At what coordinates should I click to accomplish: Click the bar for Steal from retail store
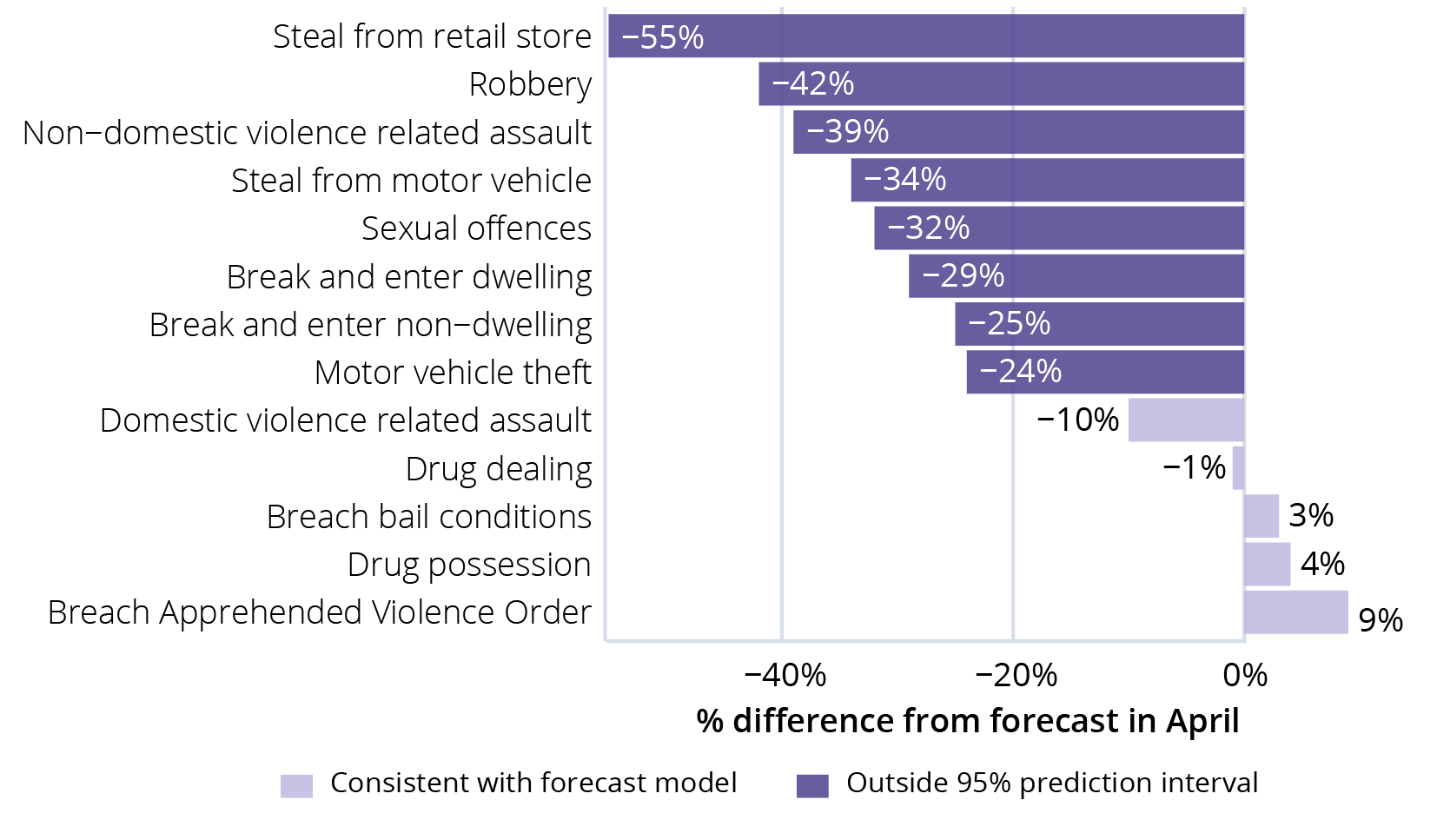[926, 36]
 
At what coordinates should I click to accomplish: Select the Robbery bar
[1001, 84]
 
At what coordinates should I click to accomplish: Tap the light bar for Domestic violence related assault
[1186, 420]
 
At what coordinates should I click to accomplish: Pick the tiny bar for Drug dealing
[1238, 468]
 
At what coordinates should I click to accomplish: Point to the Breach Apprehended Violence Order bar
[1295, 612]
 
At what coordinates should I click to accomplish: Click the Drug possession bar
[1267, 565]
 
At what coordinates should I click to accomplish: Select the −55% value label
[663, 37]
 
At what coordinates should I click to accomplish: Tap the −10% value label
[1078, 420]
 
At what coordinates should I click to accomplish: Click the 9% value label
[1381, 620]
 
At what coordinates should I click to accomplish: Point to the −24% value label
[1021, 372]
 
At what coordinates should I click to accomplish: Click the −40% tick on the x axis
[785, 675]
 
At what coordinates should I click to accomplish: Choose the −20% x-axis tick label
[1016, 675]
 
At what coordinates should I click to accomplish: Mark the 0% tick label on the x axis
[1245, 675]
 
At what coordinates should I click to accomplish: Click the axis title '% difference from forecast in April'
[968, 721]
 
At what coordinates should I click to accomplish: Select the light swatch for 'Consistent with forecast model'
[296, 785]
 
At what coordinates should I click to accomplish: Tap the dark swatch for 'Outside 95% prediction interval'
[812, 785]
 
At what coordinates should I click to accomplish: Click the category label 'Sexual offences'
[476, 228]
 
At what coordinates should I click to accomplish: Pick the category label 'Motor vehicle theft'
[453, 373]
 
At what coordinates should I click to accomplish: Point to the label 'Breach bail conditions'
[428, 517]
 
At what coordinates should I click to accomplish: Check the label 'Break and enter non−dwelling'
[370, 325]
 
